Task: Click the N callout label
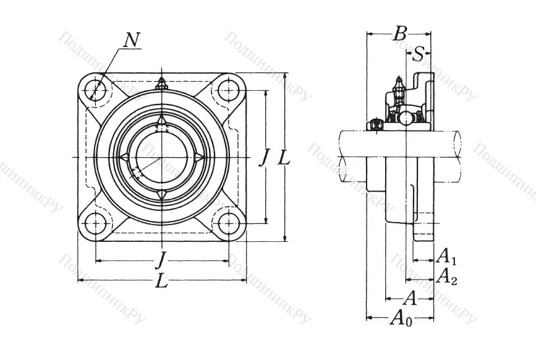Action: (x=132, y=40)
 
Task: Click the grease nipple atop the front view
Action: (x=162, y=83)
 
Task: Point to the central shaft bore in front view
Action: (x=162, y=157)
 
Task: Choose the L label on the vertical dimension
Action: (x=283, y=158)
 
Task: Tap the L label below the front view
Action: (x=161, y=281)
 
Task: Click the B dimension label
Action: (x=400, y=33)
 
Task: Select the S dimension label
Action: (x=419, y=54)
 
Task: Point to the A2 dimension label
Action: (x=446, y=276)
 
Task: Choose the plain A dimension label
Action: (x=409, y=299)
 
